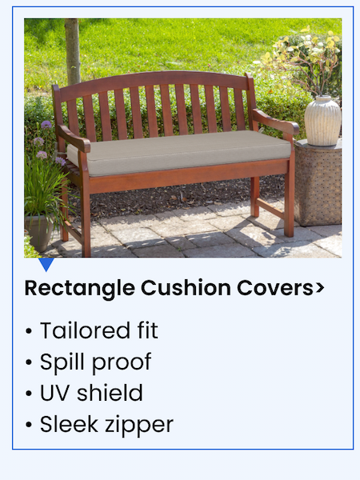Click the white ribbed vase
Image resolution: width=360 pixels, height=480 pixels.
tap(323, 121)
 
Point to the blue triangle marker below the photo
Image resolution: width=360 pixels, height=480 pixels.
tap(46, 264)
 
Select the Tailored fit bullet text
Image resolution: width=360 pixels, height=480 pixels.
tap(98, 330)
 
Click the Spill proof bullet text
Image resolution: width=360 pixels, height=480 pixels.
tap(95, 362)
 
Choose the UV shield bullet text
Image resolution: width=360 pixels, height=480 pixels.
tap(91, 393)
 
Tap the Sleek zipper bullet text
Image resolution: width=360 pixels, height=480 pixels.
tap(106, 424)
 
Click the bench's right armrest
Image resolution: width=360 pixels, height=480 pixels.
tap(276, 122)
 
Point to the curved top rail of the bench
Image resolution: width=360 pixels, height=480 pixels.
tap(152, 80)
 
